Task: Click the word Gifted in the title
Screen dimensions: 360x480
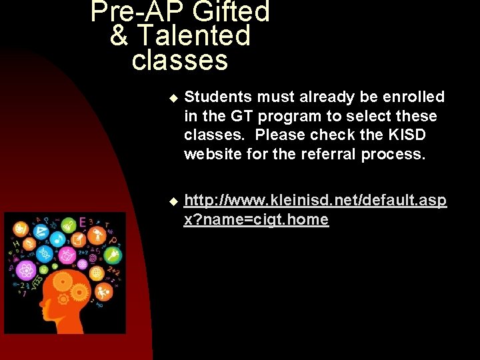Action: [233, 11]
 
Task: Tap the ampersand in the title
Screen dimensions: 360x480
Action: [119, 35]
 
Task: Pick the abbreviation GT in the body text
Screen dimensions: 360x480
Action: [243, 116]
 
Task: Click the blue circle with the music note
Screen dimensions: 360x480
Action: [57, 239]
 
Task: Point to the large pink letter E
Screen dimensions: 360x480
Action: [81, 222]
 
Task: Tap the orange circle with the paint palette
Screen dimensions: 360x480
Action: [21, 229]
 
